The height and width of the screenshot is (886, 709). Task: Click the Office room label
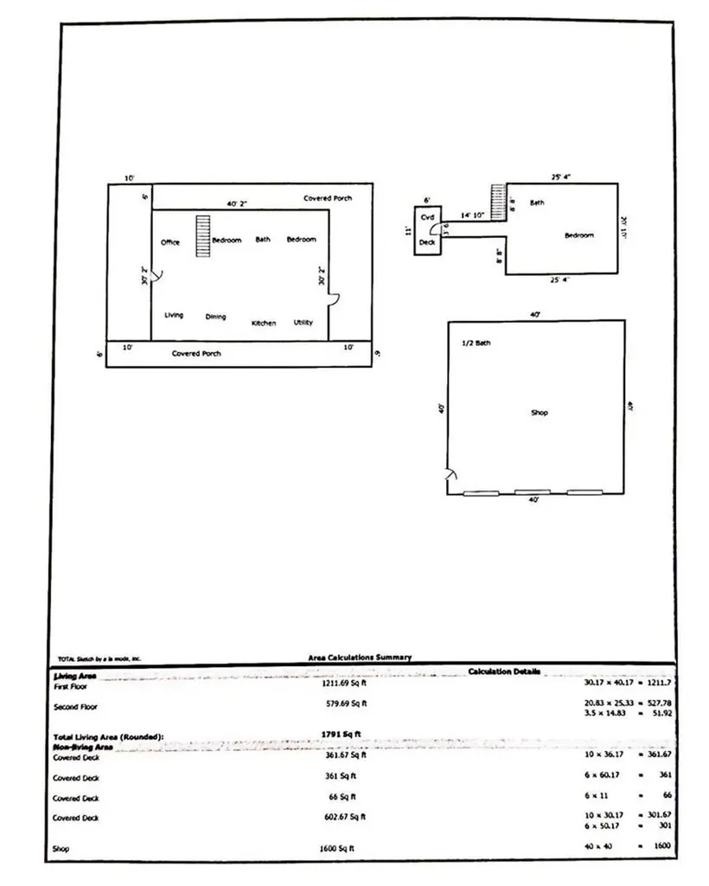coord(170,242)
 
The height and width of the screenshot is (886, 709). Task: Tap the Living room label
coord(174,315)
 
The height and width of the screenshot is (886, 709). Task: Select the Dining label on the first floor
coord(215,317)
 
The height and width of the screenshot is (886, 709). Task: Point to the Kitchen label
coord(264,323)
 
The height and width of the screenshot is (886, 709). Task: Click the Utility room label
coord(303,322)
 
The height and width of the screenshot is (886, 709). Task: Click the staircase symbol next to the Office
coord(202,235)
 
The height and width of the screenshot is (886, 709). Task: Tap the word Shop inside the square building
coord(539,413)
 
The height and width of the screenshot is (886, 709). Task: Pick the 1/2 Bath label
coord(476,343)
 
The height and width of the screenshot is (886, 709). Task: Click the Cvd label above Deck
coord(427,217)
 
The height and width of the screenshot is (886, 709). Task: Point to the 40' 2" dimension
coord(238,204)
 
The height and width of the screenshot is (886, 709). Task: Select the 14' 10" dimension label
coord(472,215)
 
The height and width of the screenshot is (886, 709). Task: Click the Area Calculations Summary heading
coord(360,658)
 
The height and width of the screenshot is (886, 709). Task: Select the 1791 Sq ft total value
coord(341,735)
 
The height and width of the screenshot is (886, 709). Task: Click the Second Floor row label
coord(76,707)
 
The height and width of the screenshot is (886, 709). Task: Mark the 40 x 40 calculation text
coord(598,845)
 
